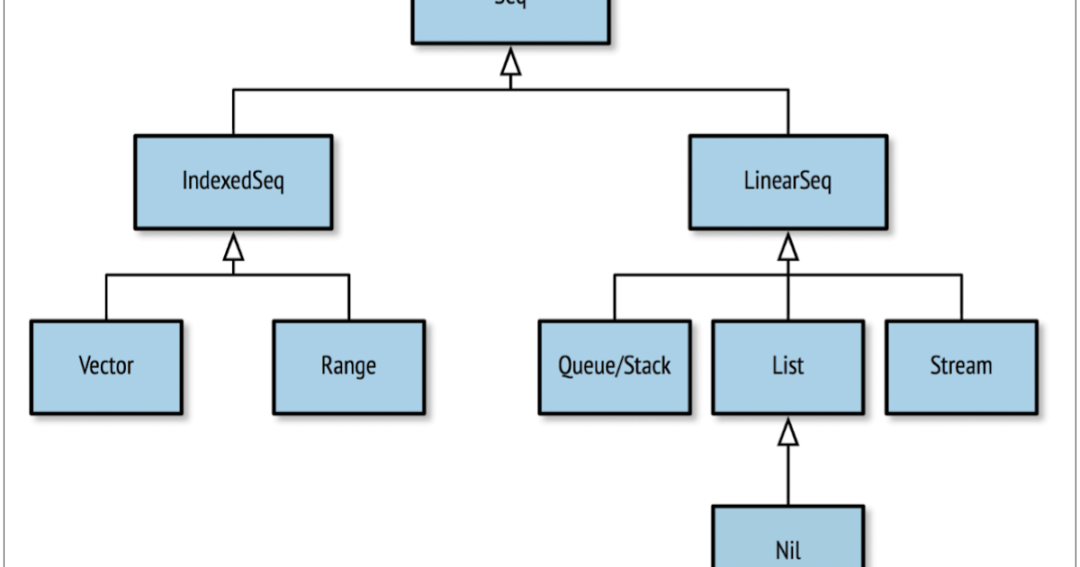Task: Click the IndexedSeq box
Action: coord(233,182)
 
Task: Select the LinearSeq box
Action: coord(788,182)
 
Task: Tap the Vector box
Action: coord(106,366)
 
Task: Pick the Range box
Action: coord(348,366)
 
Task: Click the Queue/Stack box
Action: coord(615,366)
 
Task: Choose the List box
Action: coord(788,366)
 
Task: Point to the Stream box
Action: coord(961,366)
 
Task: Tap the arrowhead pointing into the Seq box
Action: coord(510,63)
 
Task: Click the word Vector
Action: coord(106,366)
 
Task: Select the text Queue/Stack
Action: coord(615,366)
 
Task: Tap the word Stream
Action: coord(961,366)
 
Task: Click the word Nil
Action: coord(788,548)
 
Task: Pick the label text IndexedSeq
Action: coord(233,182)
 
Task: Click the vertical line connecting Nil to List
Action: coord(788,477)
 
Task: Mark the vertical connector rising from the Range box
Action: coord(348,297)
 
